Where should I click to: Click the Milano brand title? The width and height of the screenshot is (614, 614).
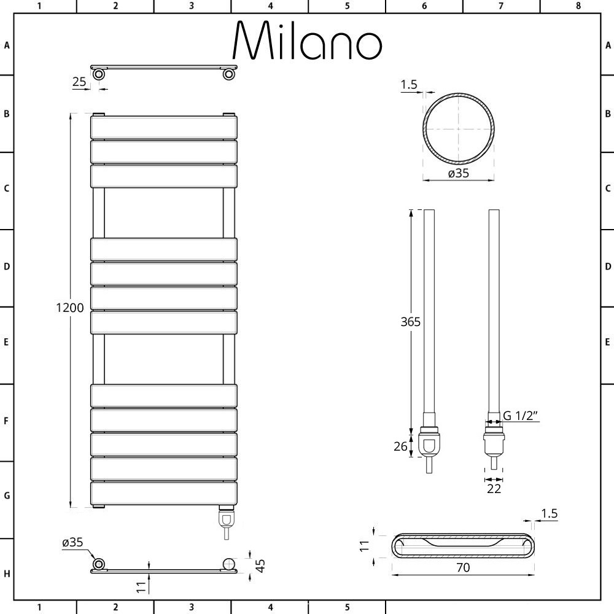(x=308, y=41)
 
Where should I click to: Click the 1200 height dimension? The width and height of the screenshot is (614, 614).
(x=70, y=308)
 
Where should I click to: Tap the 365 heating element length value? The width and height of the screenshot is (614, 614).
(x=410, y=322)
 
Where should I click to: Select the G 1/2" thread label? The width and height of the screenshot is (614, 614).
(x=521, y=416)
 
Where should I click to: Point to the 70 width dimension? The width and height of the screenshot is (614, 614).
(x=463, y=567)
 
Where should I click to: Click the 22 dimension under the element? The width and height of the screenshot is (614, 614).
(x=494, y=489)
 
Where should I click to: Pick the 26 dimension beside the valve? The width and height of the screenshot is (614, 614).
(x=400, y=446)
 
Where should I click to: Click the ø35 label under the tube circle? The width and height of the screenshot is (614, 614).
(x=459, y=173)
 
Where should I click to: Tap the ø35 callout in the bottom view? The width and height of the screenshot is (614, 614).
(x=73, y=542)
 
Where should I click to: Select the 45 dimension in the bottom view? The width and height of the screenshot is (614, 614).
(x=260, y=565)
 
